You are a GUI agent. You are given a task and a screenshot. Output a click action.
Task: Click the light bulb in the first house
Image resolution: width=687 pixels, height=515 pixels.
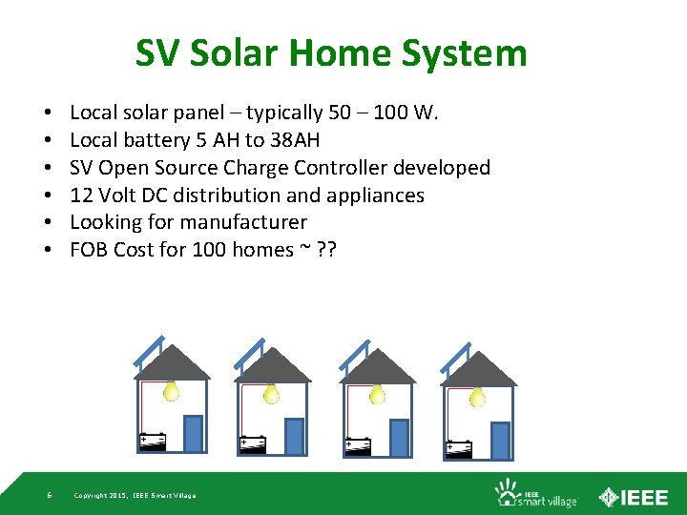[172, 390]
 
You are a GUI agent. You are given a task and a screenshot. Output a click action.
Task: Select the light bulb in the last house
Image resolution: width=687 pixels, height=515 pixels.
[477, 394]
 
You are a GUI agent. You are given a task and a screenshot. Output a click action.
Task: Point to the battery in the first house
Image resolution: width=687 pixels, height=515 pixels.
[153, 442]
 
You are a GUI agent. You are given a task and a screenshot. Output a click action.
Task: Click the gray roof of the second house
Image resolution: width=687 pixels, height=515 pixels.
[274, 366]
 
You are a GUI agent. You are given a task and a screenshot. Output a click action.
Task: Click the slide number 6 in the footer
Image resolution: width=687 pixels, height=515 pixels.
[50, 495]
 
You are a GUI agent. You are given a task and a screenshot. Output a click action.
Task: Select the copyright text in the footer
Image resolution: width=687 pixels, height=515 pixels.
[135, 495]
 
